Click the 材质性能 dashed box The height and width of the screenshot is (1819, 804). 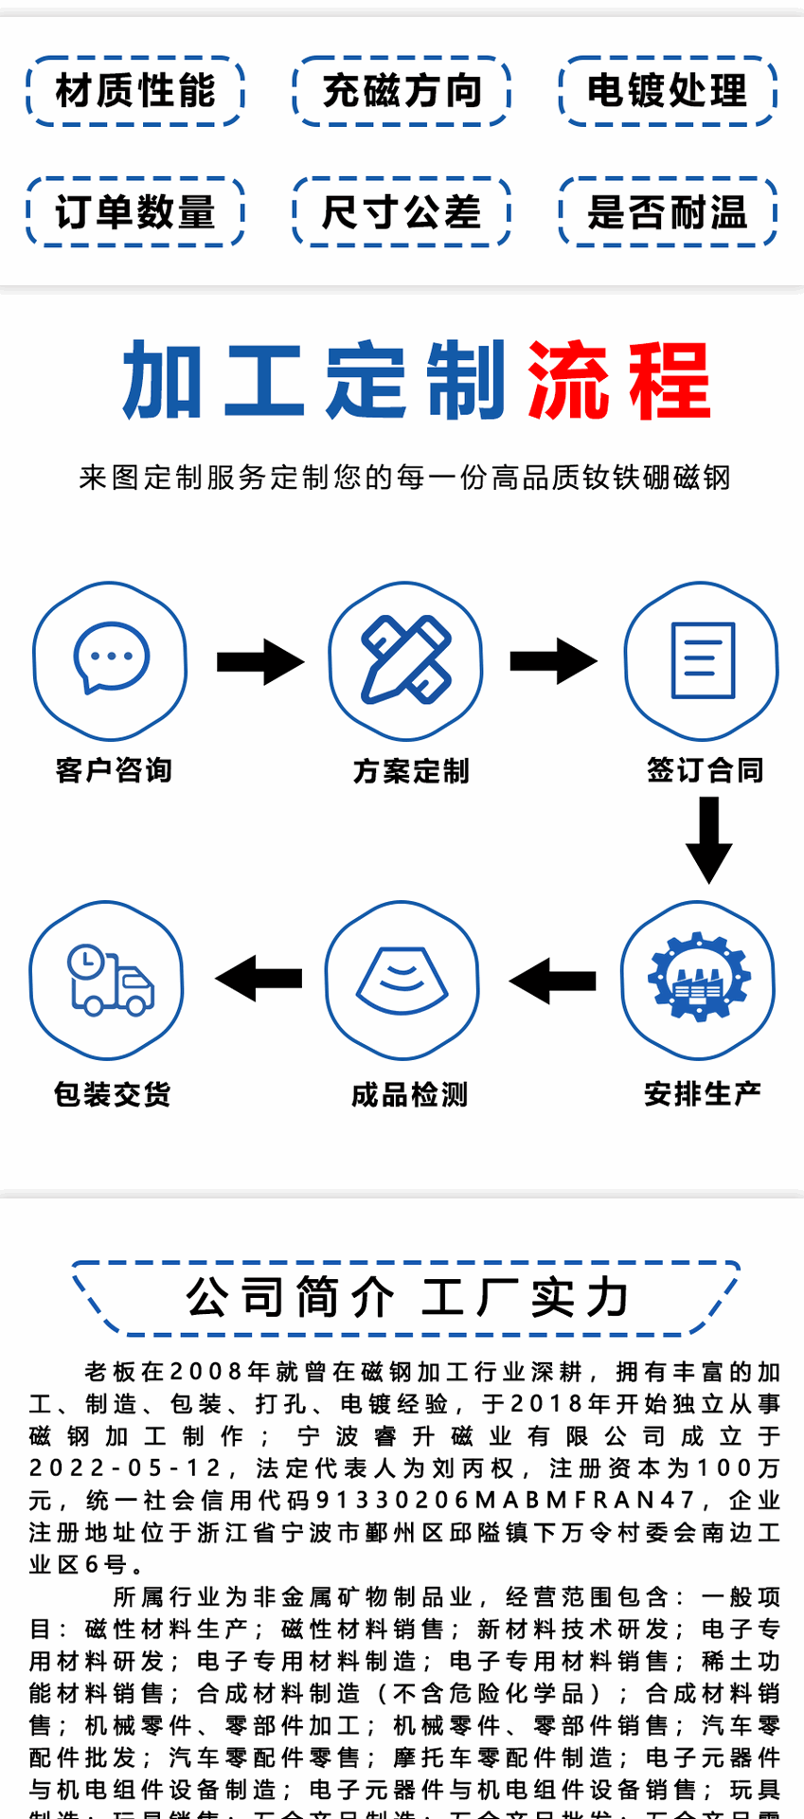pyautogui.click(x=135, y=91)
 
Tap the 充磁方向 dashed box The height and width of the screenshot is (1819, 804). pyautogui.click(x=402, y=91)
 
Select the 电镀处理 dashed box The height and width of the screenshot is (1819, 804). pyautogui.click(x=668, y=91)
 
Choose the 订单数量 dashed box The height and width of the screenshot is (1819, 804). pyautogui.click(x=135, y=211)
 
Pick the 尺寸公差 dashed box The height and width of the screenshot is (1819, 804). pyautogui.click(x=402, y=211)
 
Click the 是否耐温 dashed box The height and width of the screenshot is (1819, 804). pyautogui.click(x=668, y=211)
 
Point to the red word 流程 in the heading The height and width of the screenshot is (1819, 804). pyautogui.click(x=618, y=381)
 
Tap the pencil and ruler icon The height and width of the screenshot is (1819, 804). pyautogui.click(x=405, y=659)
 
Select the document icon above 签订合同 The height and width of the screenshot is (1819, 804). pyautogui.click(x=702, y=659)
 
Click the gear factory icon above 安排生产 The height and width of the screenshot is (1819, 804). pyautogui.click(x=699, y=979)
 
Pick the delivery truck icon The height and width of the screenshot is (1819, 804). pyautogui.click(x=108, y=980)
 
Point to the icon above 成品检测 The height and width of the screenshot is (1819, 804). pyautogui.click(x=402, y=980)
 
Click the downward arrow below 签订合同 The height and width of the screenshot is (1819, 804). pyautogui.click(x=708, y=839)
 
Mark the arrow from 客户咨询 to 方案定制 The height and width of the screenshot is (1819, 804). pyautogui.click(x=259, y=661)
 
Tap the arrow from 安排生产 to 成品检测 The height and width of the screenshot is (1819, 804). pyautogui.click(x=553, y=980)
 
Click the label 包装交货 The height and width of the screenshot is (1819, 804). pyautogui.click(x=113, y=1095)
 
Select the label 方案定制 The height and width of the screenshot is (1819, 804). pyautogui.click(x=411, y=771)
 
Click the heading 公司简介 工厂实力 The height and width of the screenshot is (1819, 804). pyautogui.click(x=407, y=1297)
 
